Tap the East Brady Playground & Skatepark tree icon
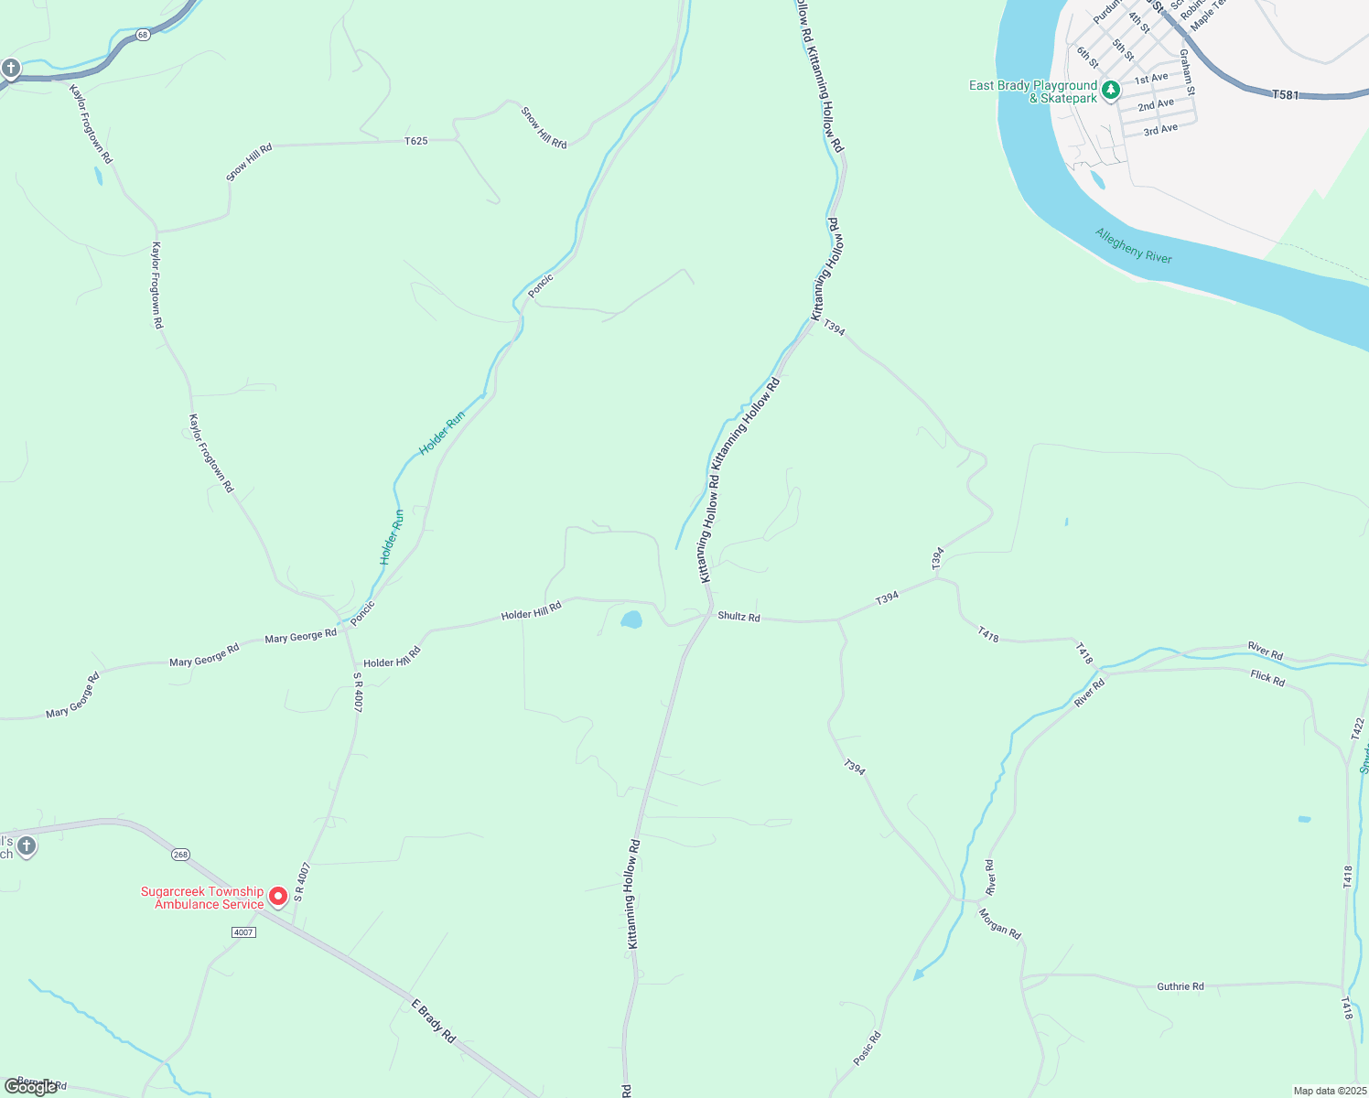coord(1110,90)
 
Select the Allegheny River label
coord(1133,245)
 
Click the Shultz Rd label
coord(738,617)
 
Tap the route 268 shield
coord(180,855)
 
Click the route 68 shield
coord(143,35)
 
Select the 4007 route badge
coord(243,932)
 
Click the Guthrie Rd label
coord(1180,986)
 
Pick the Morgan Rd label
coord(999,923)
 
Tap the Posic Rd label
coord(867,1049)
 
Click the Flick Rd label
coord(1267,678)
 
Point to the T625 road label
coord(416,141)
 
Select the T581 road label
coord(1285,94)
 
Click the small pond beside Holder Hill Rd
coord(631,620)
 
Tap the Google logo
coord(30,1087)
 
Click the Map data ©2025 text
coord(1329,1091)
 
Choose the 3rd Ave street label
coord(1160,130)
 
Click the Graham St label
coord(1186,71)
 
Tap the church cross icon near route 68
coord(10,68)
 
